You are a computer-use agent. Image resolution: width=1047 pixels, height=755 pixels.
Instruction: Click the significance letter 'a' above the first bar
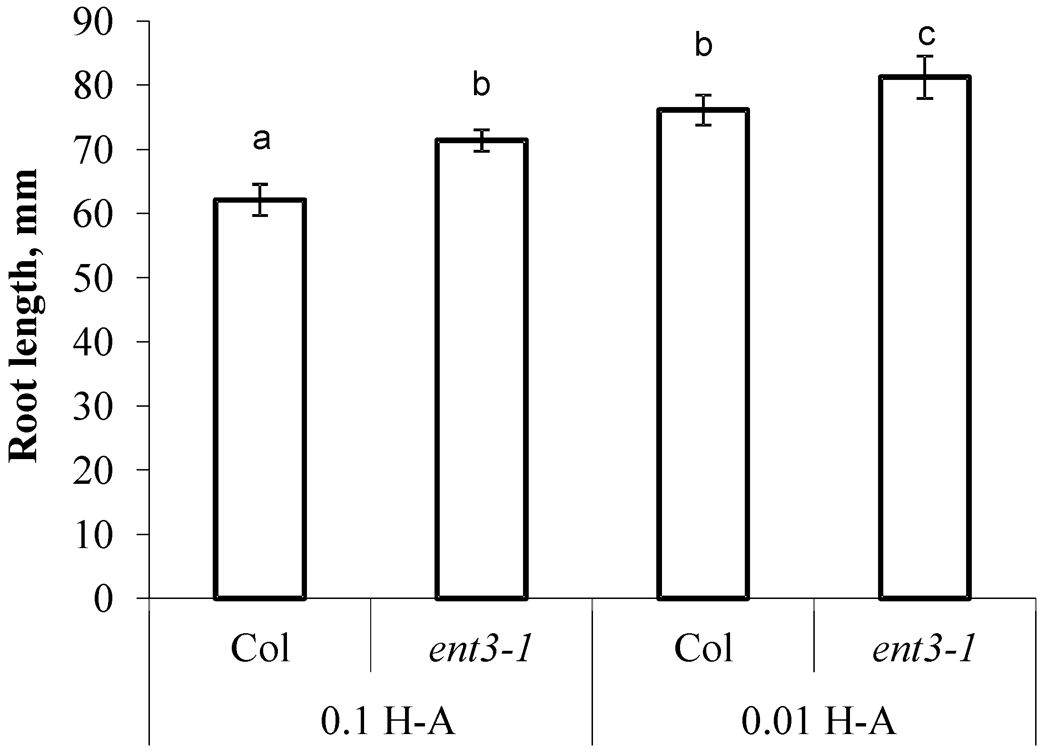pos(261,139)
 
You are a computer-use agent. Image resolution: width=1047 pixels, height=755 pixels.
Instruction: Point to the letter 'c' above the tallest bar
pos(926,34)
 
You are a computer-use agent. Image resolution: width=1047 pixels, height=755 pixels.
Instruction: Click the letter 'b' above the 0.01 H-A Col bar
pos(703,47)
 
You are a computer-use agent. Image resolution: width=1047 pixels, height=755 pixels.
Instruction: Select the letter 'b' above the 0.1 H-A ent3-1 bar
pos(481,86)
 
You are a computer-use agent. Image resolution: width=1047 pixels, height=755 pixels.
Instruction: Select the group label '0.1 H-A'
pos(388,724)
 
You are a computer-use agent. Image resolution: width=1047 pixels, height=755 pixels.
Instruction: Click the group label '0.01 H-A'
pos(819,724)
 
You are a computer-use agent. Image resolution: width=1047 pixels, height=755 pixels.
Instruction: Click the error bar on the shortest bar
pos(260,200)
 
